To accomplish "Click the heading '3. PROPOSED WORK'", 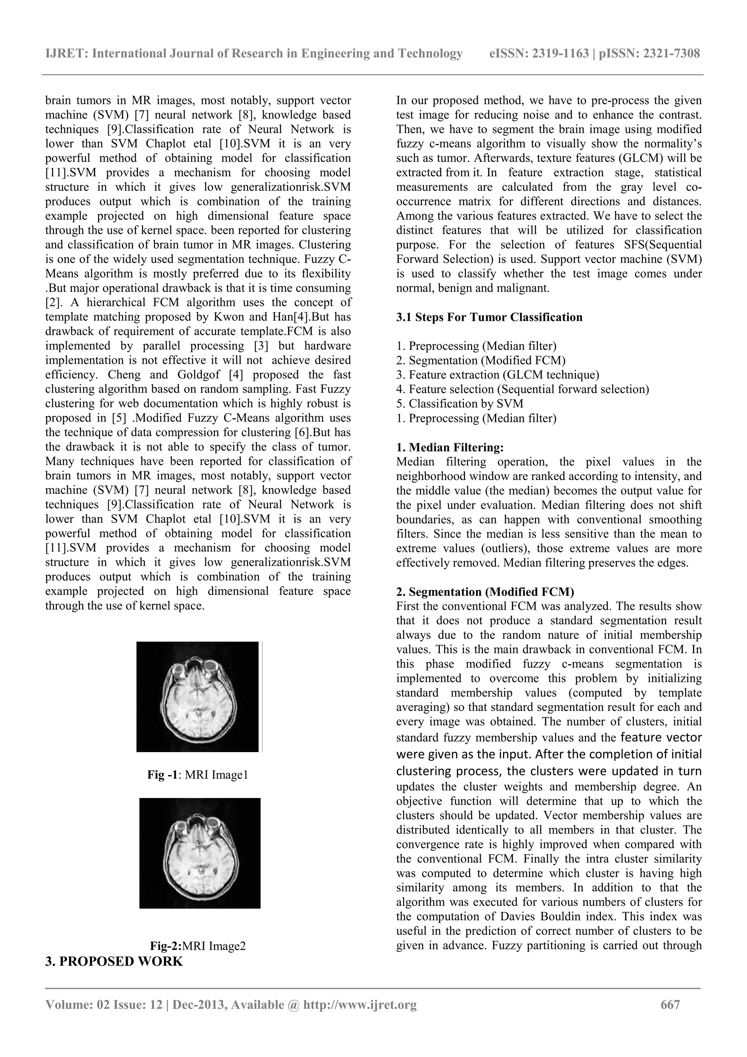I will [x=114, y=961].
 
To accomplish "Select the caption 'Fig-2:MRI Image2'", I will [x=198, y=946].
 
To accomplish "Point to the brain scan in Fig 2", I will [x=200, y=853].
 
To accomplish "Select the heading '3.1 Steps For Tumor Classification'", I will [x=489, y=317].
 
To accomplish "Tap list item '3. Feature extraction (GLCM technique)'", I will [x=498, y=375].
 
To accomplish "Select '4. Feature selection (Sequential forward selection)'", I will [x=522, y=390].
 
